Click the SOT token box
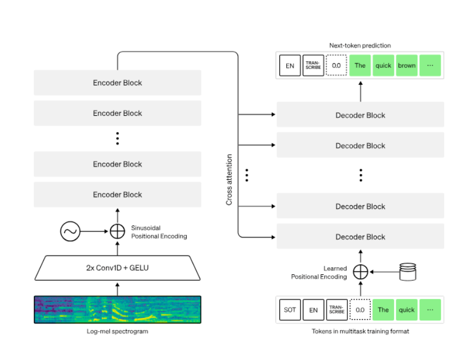tap(290, 310)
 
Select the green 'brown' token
tap(406, 66)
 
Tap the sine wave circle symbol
tap(70, 231)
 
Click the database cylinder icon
tap(408, 272)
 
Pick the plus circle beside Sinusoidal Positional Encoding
tap(117, 231)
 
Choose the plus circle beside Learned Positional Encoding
tap(360, 272)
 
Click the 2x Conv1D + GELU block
tap(117, 267)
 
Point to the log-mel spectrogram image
tap(117, 310)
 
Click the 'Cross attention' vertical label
tap(229, 180)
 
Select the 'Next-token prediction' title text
tap(360, 46)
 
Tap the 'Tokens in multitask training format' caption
tap(360, 331)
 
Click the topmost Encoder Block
tap(117, 83)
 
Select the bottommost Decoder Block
tap(360, 237)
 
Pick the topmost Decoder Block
tap(360, 115)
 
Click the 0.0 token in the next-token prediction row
tap(336, 66)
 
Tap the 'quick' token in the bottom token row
tap(406, 310)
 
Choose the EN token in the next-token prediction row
tap(290, 66)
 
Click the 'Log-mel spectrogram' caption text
tap(117, 331)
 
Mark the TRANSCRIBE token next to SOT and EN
tap(336, 310)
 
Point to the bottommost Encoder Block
tap(117, 194)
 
